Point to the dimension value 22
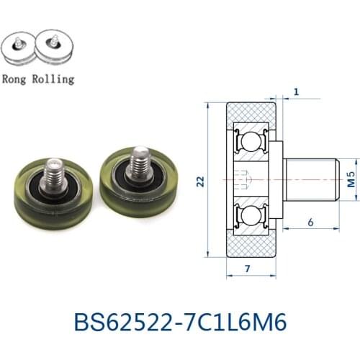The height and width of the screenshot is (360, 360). [x=199, y=184]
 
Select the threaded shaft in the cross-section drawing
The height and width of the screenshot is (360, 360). [x=311, y=178]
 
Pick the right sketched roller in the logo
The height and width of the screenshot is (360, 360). [x=54, y=48]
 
